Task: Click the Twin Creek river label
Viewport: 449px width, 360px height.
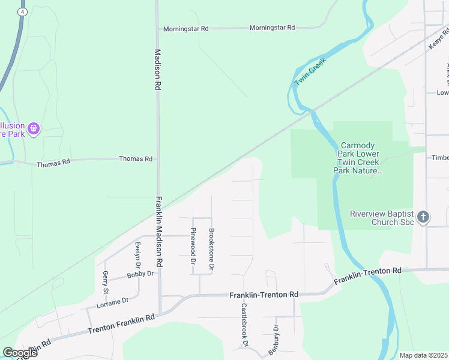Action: (x=310, y=72)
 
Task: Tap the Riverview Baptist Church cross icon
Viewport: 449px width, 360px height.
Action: (x=423, y=217)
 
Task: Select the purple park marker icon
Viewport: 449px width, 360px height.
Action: (x=34, y=128)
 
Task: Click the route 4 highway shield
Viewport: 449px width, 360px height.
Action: (x=23, y=11)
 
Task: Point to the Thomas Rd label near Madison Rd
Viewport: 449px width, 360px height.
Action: (x=136, y=159)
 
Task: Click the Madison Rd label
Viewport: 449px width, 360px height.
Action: (x=158, y=70)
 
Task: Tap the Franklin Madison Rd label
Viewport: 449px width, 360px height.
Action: (x=160, y=232)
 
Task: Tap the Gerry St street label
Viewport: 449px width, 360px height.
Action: (x=105, y=281)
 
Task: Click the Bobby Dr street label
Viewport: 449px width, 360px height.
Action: (x=140, y=274)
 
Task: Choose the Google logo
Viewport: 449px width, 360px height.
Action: (x=19, y=353)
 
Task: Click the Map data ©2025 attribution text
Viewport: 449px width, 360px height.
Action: (x=423, y=355)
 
